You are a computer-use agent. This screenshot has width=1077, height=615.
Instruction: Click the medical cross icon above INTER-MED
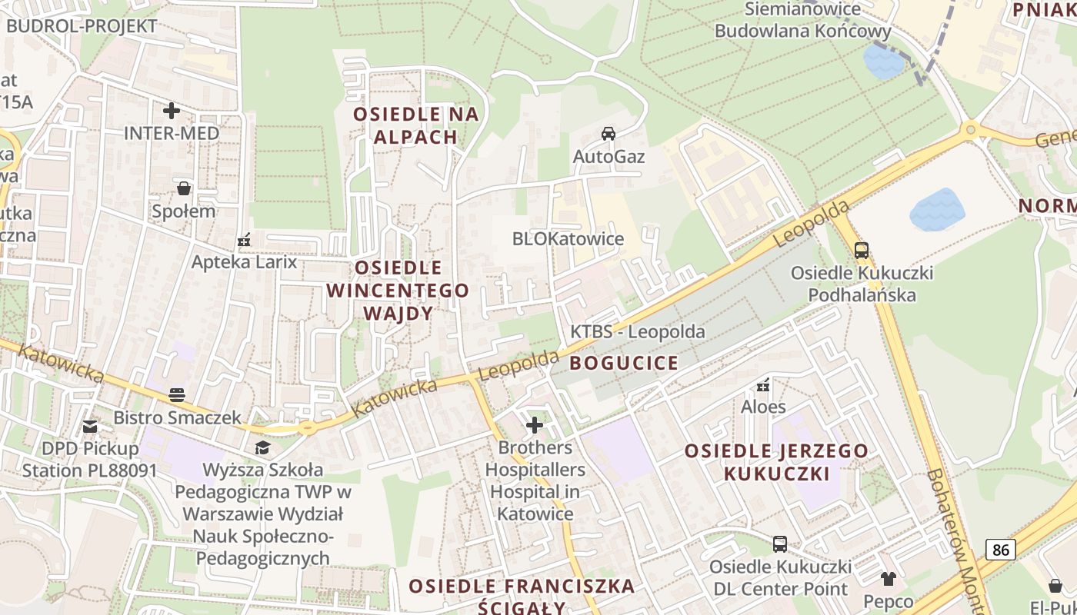[172, 111]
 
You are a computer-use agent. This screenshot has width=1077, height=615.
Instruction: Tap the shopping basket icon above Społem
[184, 188]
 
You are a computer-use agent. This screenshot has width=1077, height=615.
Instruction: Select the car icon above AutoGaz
[609, 134]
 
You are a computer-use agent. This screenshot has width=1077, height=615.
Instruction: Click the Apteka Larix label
[244, 261]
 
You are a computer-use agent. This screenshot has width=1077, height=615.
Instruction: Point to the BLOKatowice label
[568, 238]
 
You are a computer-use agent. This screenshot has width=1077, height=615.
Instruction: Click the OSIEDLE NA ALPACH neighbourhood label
[416, 125]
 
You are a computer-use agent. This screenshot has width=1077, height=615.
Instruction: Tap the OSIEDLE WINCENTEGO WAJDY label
[398, 291]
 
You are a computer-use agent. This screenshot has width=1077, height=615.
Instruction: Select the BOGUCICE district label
[624, 363]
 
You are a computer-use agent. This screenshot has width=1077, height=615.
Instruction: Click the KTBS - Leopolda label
[637, 332]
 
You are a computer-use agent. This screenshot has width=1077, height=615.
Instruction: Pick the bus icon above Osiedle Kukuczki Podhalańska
[862, 250]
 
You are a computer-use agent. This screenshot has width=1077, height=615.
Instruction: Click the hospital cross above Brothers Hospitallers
[535, 424]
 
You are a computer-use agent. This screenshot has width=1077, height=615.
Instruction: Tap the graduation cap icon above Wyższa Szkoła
[263, 447]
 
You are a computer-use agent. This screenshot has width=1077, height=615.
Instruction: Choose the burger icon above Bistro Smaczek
[177, 395]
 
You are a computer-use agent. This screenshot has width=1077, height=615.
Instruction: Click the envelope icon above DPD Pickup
[91, 426]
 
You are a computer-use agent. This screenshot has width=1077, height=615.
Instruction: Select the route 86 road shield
[1000, 549]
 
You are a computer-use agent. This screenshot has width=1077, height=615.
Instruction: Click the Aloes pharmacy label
[763, 407]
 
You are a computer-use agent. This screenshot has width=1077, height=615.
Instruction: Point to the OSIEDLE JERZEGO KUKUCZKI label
[776, 462]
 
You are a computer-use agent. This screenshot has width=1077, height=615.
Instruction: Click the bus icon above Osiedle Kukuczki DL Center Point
[780, 544]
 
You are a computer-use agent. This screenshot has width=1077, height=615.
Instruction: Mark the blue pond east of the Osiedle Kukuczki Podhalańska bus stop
[937, 209]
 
